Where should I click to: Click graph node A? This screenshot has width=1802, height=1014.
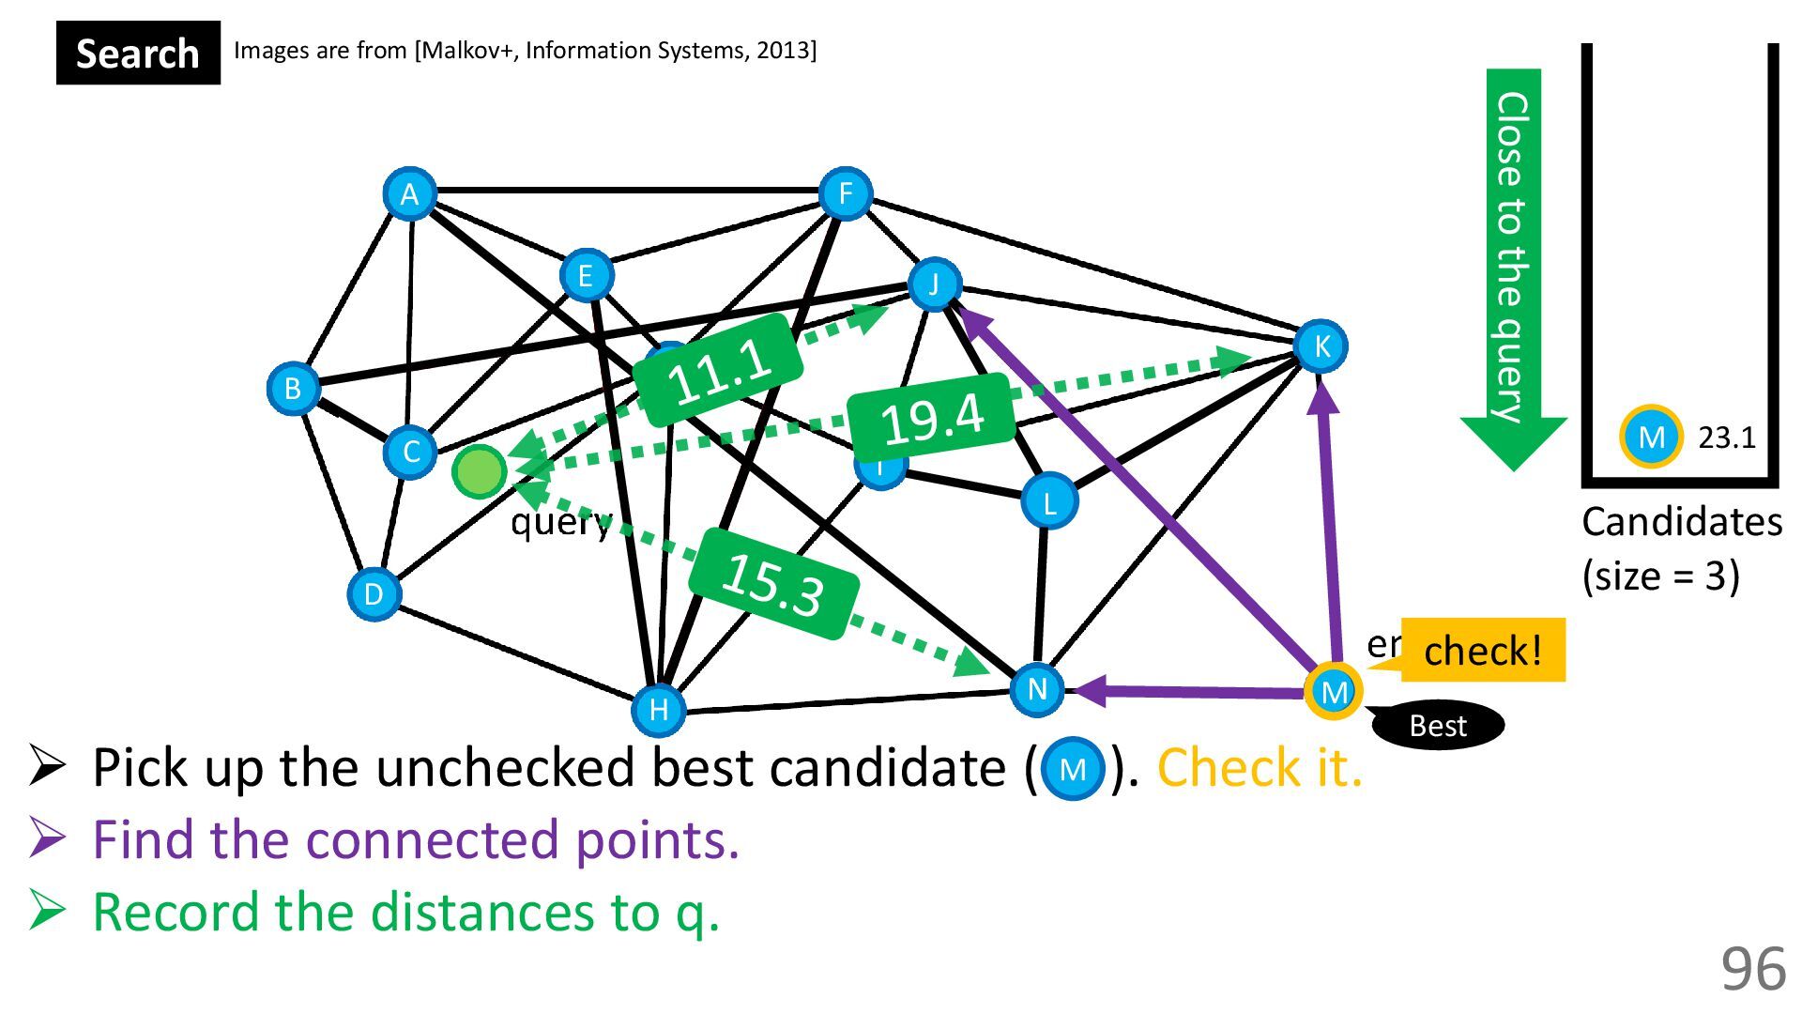[409, 194]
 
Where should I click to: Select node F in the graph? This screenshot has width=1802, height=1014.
[845, 194]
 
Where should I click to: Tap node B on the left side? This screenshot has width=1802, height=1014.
[293, 388]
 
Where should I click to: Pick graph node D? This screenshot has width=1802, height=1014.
[374, 593]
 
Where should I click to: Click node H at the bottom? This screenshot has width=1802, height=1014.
[658, 709]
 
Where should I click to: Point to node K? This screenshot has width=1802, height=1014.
[1321, 346]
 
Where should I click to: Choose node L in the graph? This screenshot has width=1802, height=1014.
[1048, 501]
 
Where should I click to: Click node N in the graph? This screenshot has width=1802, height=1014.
[1036, 689]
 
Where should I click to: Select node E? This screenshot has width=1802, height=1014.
[586, 275]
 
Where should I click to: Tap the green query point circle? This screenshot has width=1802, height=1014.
[480, 471]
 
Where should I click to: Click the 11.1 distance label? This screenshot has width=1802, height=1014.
[719, 370]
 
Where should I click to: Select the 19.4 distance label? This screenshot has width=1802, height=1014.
[932, 417]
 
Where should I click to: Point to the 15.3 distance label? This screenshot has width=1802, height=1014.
[773, 584]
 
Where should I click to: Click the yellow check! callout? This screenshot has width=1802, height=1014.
[1482, 650]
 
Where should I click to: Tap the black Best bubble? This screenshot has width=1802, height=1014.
[1438, 726]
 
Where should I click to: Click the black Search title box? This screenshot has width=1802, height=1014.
[138, 54]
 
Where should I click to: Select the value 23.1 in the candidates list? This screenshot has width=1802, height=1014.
[1726, 438]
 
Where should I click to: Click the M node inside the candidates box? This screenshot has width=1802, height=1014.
[1651, 437]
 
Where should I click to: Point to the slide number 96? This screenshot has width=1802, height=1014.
[1752, 969]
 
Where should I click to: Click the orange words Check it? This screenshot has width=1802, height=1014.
[1260, 768]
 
